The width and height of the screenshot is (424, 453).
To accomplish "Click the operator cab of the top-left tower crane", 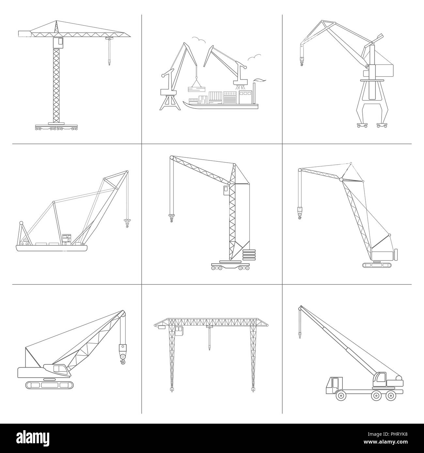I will coord(58,41).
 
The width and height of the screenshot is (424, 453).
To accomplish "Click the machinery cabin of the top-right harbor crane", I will coord(385,69).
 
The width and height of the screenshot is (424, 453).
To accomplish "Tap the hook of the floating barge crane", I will coord(127,223).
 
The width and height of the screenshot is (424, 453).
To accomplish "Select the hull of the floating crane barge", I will coord(52,248).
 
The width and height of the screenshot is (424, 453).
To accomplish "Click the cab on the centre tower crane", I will coord(226,191).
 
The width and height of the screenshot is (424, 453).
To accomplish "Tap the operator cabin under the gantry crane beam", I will coord(179,331).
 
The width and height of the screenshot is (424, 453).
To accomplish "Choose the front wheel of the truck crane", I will coord(341,396).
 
